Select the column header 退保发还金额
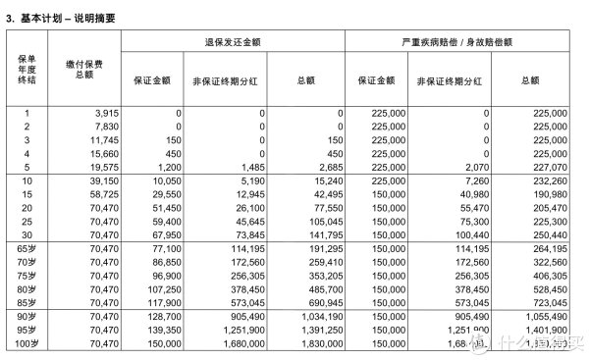[x=233, y=41]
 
